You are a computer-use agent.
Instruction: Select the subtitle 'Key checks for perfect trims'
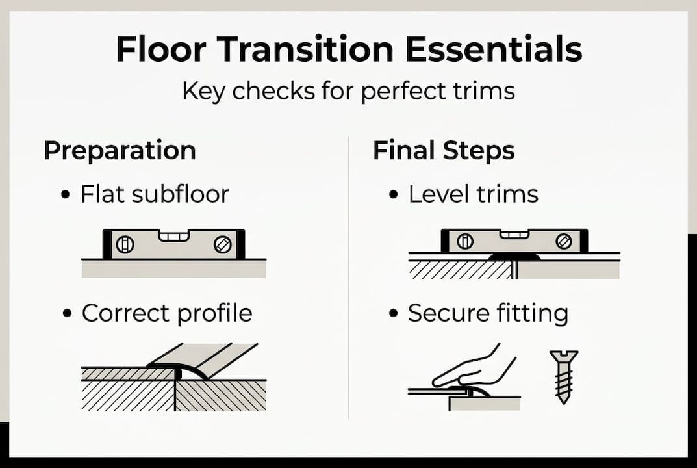(x=348, y=91)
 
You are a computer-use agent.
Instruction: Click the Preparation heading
(x=120, y=151)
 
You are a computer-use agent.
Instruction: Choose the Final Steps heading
(x=444, y=151)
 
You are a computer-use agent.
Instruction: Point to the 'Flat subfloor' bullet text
(x=155, y=194)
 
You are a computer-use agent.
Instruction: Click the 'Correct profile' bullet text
(x=167, y=313)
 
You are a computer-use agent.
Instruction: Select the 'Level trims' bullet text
(x=474, y=194)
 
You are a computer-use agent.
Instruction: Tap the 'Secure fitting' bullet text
(x=488, y=313)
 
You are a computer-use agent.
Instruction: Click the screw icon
(x=563, y=376)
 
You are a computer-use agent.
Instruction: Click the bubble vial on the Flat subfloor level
(x=173, y=235)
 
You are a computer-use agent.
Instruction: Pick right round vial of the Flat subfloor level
(x=222, y=244)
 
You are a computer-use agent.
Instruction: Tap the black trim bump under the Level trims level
(x=514, y=257)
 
